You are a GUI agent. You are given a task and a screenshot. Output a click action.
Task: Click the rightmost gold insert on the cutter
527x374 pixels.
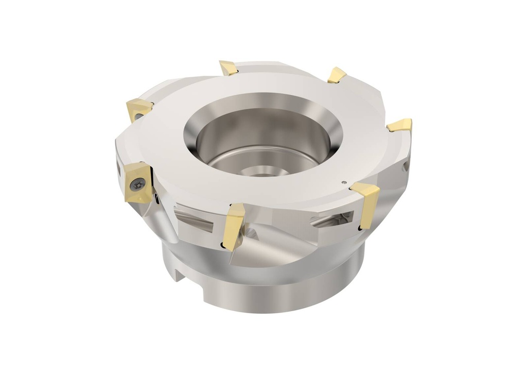[x=400, y=125]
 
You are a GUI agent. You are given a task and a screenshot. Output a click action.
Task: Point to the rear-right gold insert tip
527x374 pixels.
[x=337, y=75]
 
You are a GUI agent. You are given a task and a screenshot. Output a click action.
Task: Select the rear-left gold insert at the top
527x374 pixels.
[x=229, y=67]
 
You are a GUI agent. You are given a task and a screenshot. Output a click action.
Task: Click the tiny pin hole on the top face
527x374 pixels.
[x=343, y=181]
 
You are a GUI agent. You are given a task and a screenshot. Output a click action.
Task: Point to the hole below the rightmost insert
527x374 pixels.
[x=406, y=166]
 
